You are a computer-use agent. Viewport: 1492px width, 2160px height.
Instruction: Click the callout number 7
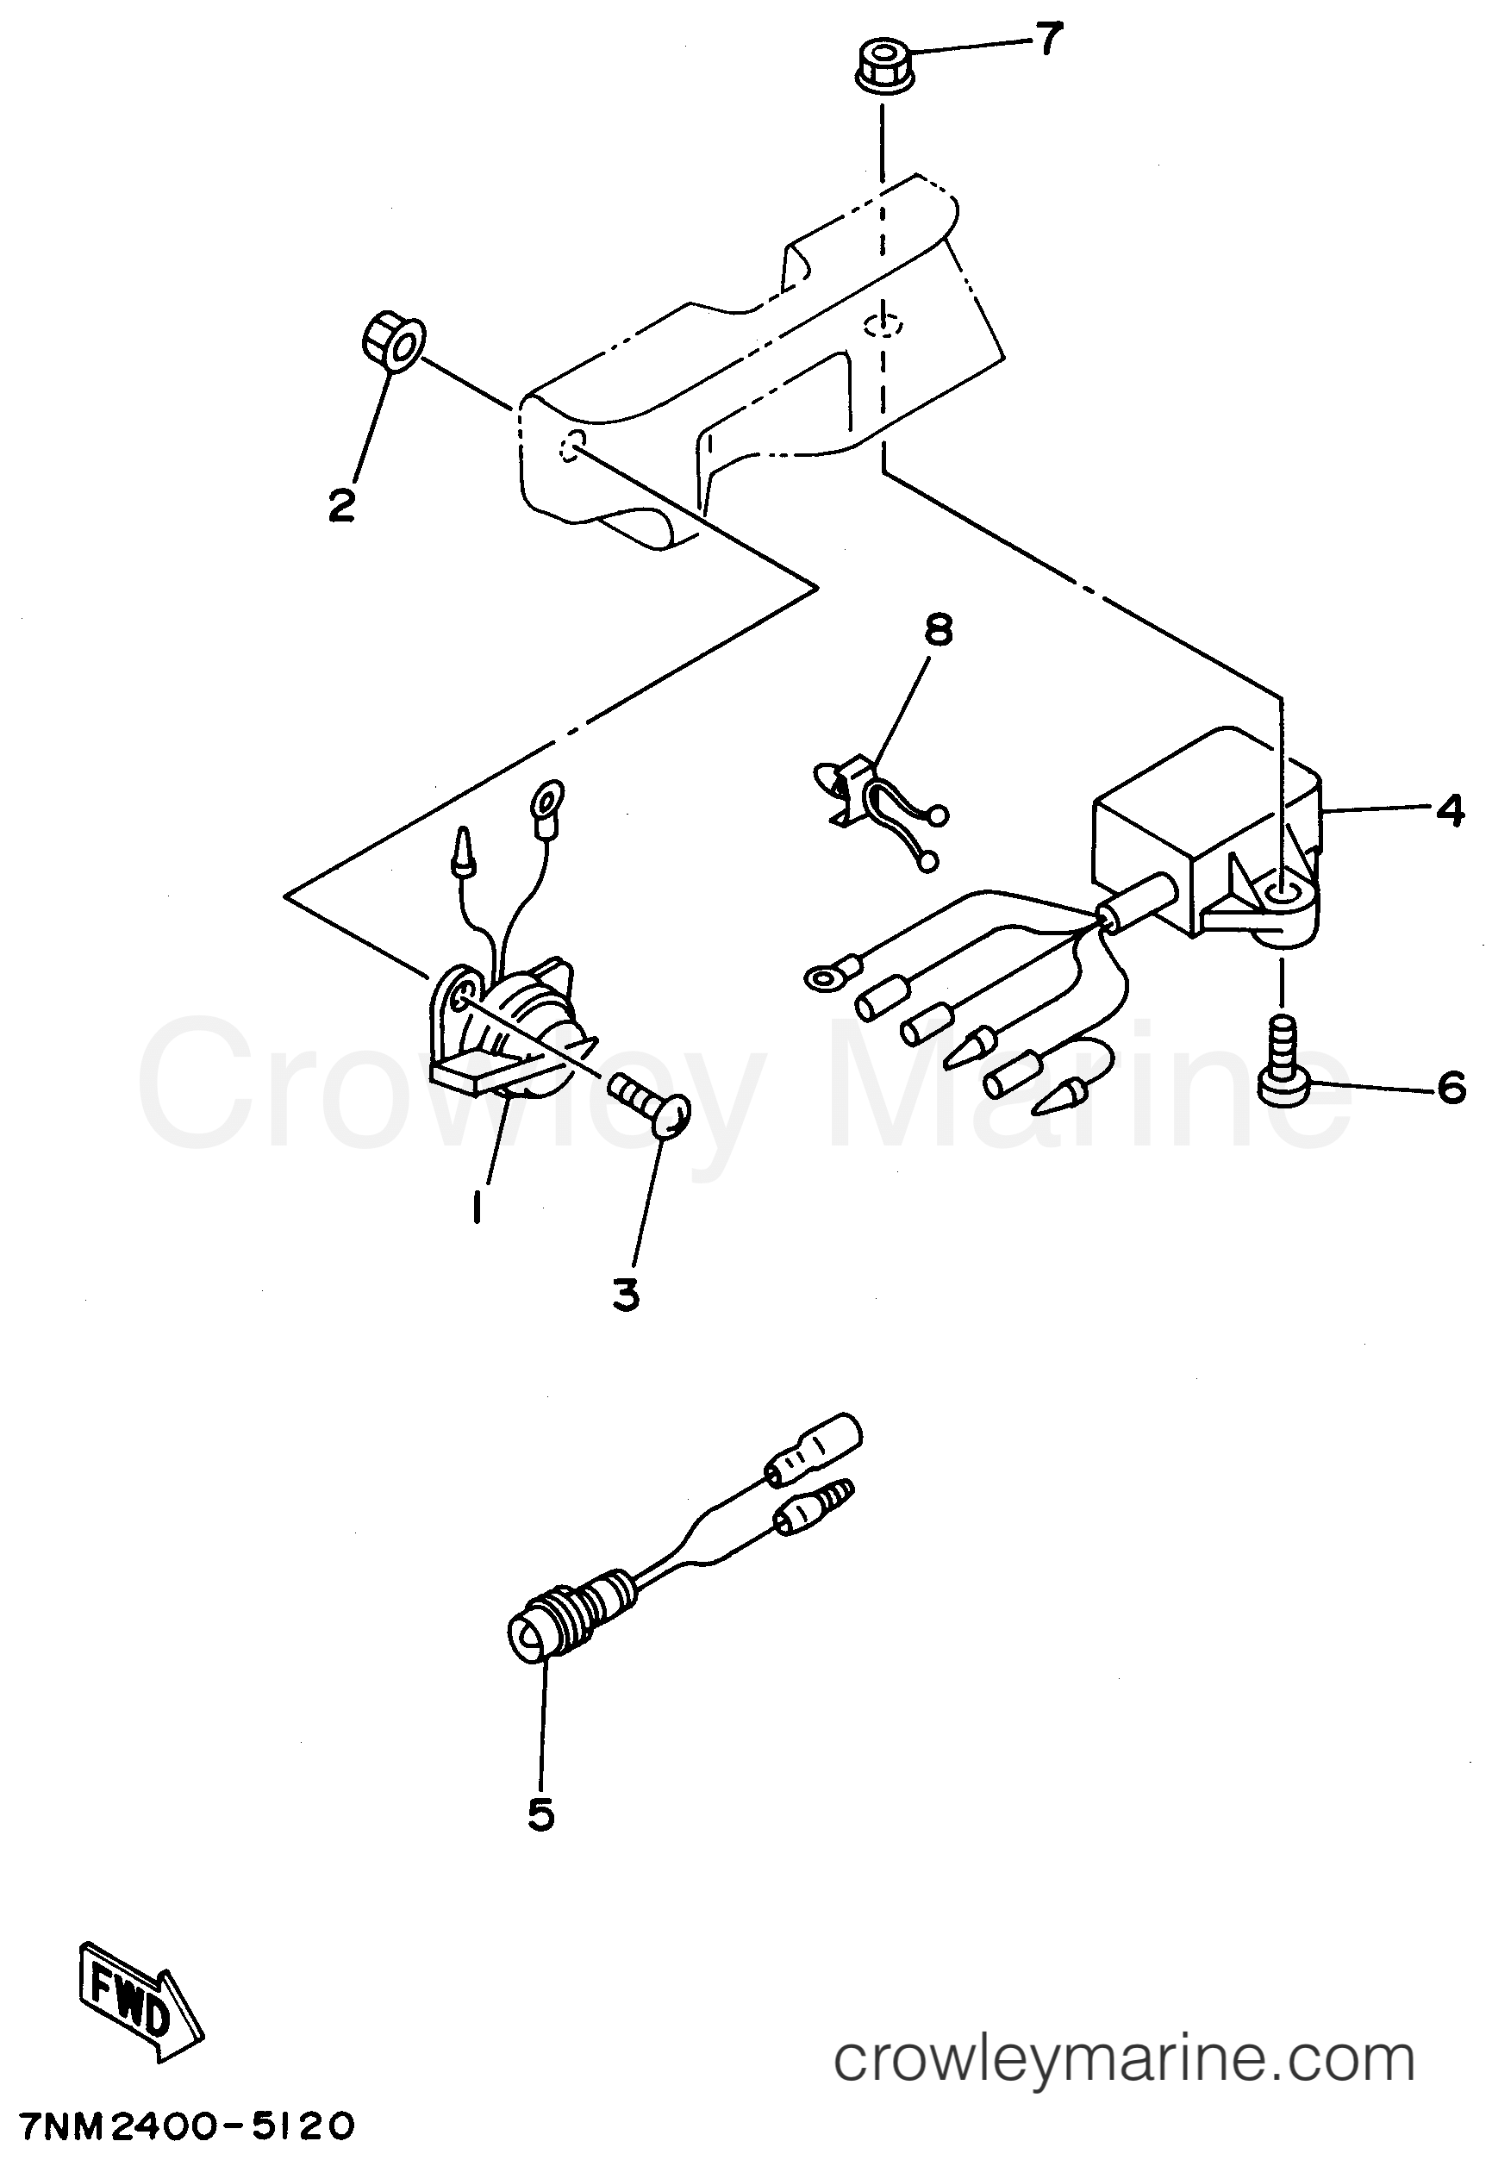[x=1049, y=40]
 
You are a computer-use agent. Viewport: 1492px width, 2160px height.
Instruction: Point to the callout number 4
[x=1450, y=811]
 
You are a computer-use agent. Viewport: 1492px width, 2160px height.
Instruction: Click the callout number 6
[x=1451, y=1088]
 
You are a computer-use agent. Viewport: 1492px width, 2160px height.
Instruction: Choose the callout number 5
[x=541, y=1814]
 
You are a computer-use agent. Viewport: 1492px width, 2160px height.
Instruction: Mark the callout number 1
[x=478, y=1208]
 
